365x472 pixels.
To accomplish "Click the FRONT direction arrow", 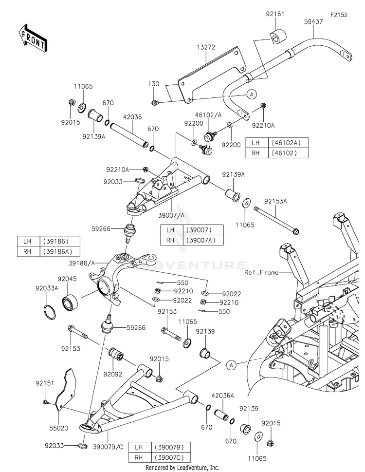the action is (33, 38).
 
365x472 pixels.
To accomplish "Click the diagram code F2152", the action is (339, 15).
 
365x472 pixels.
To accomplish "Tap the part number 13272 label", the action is (206, 47).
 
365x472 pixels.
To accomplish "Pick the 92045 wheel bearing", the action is (70, 302).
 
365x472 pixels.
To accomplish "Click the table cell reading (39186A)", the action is (60, 251).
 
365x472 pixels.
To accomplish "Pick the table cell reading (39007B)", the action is (171, 447).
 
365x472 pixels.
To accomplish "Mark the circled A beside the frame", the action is (231, 365).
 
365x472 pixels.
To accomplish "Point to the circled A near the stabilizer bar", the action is (252, 94).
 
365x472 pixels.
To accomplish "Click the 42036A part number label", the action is (222, 396).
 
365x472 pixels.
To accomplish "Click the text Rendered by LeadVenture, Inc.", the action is (182, 468).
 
